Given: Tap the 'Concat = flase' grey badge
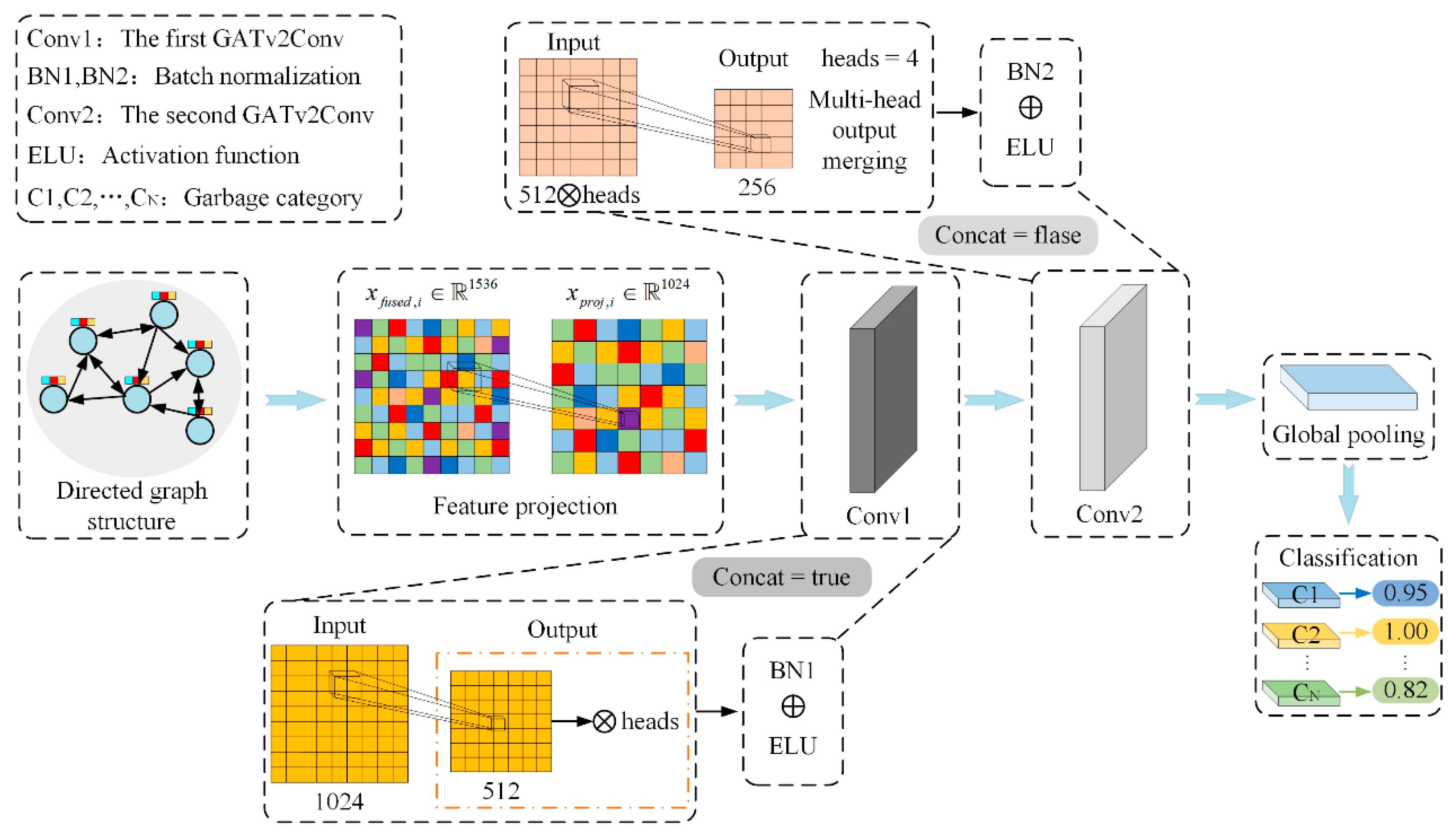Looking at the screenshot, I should (1007, 235).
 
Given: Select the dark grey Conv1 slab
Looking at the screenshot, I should (882, 390).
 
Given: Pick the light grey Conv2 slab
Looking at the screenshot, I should (1112, 388).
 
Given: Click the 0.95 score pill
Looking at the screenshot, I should (1405, 593).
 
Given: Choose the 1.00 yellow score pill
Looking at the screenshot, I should (1405, 631).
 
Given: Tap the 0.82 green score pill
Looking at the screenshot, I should (1405, 690).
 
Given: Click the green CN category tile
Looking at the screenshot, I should (1301, 693).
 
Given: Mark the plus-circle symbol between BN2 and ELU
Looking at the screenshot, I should (1030, 107).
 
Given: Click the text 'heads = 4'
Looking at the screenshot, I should (869, 58).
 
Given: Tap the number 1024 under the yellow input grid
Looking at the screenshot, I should (339, 801).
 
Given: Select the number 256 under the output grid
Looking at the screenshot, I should (757, 187).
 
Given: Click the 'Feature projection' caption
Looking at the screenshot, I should (525, 506).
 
